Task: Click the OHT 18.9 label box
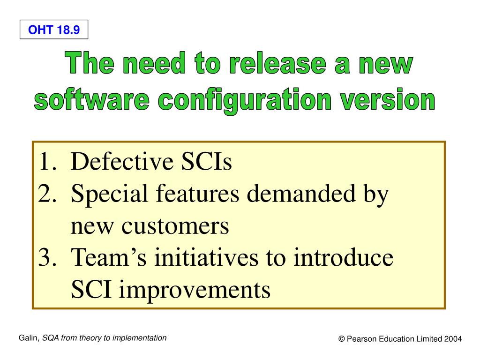pos(54,31)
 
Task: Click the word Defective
pos(122,163)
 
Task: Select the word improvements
pos(194,290)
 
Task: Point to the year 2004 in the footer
pos(453,339)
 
